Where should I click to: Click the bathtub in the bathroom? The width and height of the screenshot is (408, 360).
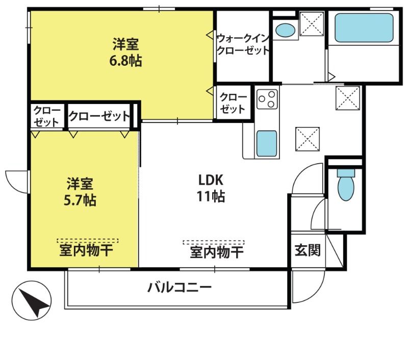(364, 28)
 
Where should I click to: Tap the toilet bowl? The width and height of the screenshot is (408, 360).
(346, 185)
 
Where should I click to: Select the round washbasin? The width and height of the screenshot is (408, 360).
(285, 31)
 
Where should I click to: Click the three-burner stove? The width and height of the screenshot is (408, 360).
(267, 99)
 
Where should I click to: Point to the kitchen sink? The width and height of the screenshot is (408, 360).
(266, 144)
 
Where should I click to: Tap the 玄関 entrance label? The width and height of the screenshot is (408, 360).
(308, 250)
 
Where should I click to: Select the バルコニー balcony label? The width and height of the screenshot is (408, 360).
(180, 288)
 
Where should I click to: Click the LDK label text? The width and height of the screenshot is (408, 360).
(211, 179)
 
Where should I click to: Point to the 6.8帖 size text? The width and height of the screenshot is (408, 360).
(125, 61)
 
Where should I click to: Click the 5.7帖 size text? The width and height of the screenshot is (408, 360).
(80, 200)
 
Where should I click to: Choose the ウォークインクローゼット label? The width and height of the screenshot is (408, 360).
(243, 44)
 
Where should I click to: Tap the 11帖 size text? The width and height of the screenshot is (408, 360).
(211, 196)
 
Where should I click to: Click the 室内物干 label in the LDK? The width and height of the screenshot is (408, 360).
(216, 252)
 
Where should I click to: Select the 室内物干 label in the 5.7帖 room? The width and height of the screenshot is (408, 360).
(86, 250)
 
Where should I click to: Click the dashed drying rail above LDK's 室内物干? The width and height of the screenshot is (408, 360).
(214, 242)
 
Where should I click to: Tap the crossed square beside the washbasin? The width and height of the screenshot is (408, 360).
(312, 23)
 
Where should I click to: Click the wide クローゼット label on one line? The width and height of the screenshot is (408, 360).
(99, 116)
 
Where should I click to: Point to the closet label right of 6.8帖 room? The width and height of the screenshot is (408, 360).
(233, 103)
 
